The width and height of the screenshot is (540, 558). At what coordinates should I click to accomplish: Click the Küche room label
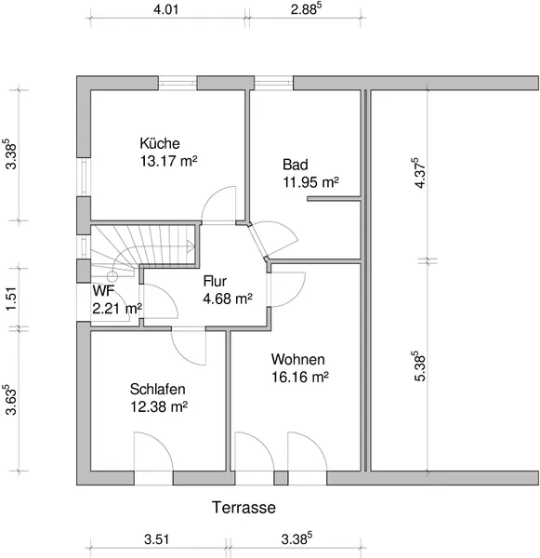pyautogui.click(x=160, y=143)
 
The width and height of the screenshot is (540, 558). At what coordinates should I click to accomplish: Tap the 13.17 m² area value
pyautogui.click(x=168, y=161)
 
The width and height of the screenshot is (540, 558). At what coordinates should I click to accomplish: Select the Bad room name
pyautogui.click(x=296, y=165)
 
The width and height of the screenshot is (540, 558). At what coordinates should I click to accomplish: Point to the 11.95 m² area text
pyautogui.click(x=310, y=182)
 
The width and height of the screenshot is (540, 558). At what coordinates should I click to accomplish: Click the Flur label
pyautogui.click(x=215, y=281)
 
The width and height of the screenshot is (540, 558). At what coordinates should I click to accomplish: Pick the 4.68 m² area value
pyautogui.click(x=228, y=299)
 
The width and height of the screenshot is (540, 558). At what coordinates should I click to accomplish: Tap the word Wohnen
pyautogui.click(x=298, y=359)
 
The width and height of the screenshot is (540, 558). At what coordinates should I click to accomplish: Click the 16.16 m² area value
pyautogui.click(x=300, y=377)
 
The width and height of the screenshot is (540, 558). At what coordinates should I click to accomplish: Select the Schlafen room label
pyautogui.click(x=158, y=390)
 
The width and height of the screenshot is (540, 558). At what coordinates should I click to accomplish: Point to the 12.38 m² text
pyautogui.click(x=159, y=406)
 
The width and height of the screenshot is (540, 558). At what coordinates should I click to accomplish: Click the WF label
pyautogui.click(x=103, y=291)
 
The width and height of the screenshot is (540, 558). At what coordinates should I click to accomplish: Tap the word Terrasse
pyautogui.click(x=244, y=508)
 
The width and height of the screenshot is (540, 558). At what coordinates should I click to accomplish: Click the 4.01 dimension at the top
pyautogui.click(x=165, y=9)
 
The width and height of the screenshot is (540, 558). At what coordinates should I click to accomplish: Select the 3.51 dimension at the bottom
pyautogui.click(x=156, y=539)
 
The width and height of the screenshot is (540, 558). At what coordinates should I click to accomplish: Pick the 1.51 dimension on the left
pyautogui.click(x=11, y=299)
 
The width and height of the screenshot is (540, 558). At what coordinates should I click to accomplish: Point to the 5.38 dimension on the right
pyautogui.click(x=420, y=366)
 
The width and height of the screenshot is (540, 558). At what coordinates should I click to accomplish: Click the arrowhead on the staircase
pyautogui.click(x=191, y=246)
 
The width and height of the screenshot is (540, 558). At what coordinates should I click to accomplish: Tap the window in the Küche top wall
pyautogui.click(x=178, y=83)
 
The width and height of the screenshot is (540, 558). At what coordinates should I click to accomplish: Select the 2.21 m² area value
pyautogui.click(x=117, y=308)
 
